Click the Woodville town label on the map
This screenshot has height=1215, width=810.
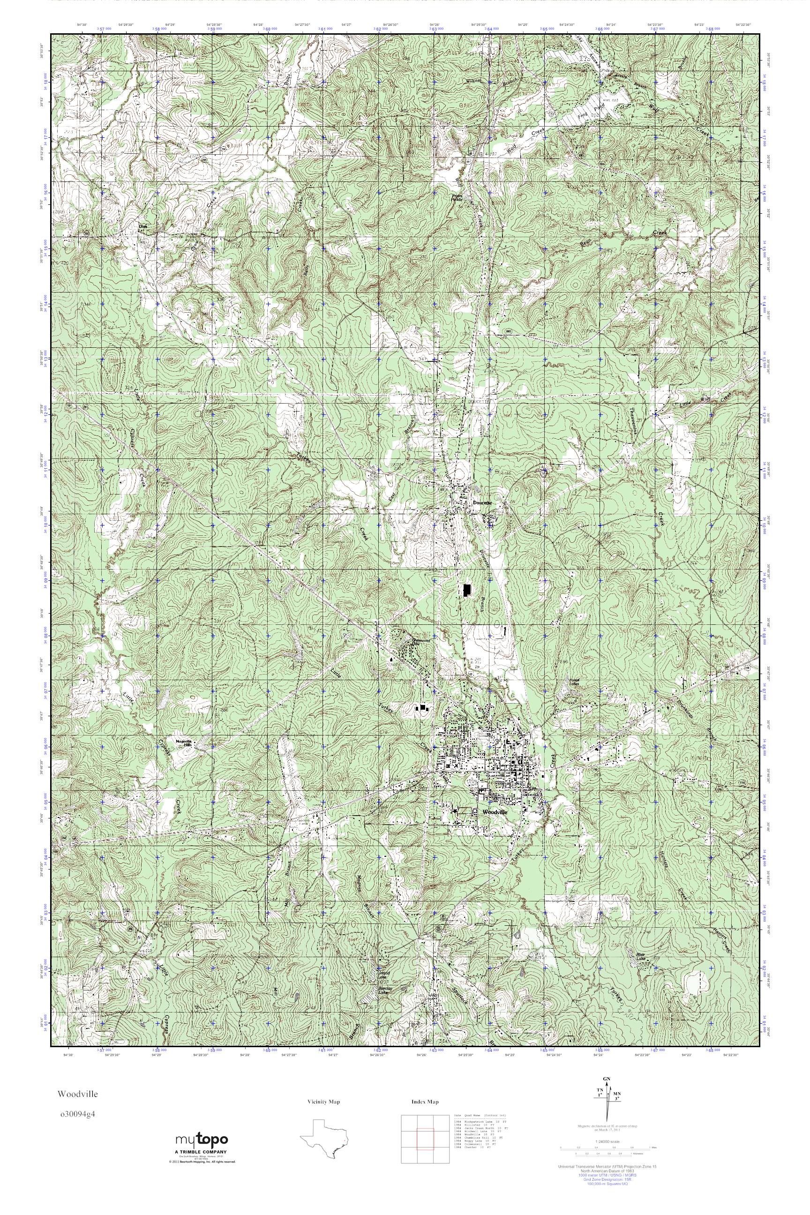coord(495,812)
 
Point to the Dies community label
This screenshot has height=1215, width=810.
coord(143,226)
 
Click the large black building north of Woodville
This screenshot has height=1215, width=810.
coord(467,590)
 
